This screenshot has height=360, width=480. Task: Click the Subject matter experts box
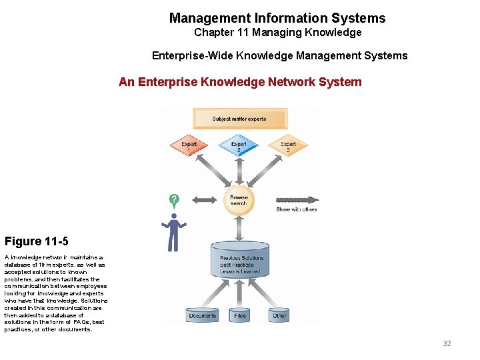[239, 119]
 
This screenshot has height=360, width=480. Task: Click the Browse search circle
[239, 200]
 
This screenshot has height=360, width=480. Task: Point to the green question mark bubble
[174, 200]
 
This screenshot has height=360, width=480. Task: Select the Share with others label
[297, 210]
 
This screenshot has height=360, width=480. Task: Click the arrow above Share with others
[297, 199]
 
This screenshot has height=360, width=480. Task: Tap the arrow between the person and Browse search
[205, 199]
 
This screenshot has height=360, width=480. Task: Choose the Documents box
[203, 315]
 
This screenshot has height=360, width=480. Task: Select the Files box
[240, 315]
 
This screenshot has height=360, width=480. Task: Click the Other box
[280, 315]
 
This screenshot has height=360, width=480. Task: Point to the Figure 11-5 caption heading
[36, 241]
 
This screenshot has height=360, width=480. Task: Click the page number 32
[447, 343]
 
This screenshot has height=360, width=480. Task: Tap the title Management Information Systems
[277, 18]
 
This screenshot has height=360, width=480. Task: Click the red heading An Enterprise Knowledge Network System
[240, 82]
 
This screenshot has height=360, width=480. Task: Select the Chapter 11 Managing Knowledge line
[277, 33]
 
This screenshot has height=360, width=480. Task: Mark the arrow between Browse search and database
[239, 228]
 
